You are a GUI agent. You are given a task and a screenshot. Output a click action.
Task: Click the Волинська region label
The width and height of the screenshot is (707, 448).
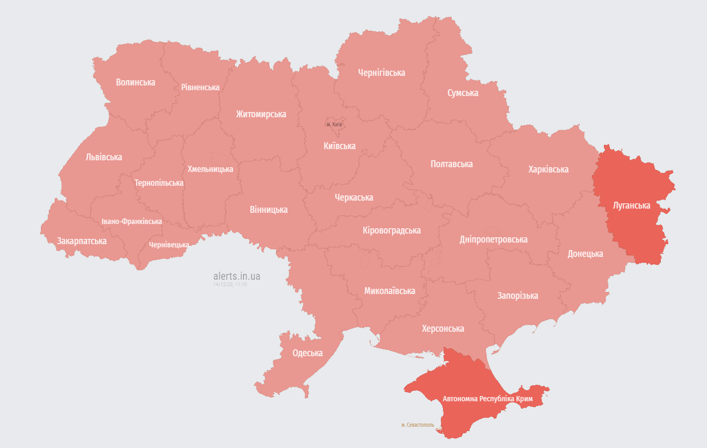tap(135, 82)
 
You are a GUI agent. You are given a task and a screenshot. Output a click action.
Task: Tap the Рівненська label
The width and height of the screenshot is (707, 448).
tap(200, 87)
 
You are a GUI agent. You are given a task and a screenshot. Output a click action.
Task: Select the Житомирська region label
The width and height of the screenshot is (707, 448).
tap(261, 114)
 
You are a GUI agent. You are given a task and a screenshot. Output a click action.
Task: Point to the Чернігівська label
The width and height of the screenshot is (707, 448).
tap(381, 73)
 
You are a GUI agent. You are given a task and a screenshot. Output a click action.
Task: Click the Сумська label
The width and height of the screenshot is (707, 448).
tap(463, 93)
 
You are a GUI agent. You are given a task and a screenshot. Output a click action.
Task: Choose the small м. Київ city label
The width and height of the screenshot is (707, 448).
tap(334, 124)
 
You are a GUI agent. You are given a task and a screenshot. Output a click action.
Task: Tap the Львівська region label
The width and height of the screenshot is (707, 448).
tap(104, 157)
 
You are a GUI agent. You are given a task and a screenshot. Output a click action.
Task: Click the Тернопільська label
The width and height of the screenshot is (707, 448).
tap(159, 183)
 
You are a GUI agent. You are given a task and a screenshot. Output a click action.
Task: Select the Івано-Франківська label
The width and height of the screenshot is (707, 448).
tap(132, 221)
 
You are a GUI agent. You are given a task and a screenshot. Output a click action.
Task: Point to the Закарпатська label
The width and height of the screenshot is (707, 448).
tap(82, 241)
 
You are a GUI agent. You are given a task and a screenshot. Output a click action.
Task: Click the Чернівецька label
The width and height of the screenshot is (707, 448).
tap(169, 245)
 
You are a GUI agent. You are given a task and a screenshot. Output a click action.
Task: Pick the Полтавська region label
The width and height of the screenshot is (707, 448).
tap(452, 164)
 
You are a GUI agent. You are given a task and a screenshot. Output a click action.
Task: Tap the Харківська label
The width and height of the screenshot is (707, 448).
tap(548, 169)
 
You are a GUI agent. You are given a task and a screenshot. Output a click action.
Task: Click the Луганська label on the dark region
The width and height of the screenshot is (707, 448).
tap(632, 205)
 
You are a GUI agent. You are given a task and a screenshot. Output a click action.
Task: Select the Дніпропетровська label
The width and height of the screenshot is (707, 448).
tap(493, 239)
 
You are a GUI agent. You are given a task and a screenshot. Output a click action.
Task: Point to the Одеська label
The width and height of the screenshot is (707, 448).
tap(308, 353)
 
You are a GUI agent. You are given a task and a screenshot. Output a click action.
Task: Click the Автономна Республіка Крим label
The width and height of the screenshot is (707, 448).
tap(487, 398)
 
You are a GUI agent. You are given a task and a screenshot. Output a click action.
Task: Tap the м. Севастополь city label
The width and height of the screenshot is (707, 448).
tap(418, 425)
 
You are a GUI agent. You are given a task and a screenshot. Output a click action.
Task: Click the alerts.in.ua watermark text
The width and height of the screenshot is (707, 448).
tap(236, 277)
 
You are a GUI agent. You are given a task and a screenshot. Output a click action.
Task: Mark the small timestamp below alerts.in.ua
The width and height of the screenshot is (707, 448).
tap(230, 285)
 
